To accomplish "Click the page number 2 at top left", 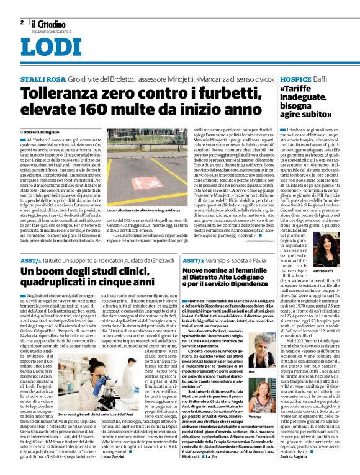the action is (x=22, y=22).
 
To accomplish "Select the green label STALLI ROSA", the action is (x=41, y=81).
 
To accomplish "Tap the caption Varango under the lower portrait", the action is (x=272, y=417).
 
